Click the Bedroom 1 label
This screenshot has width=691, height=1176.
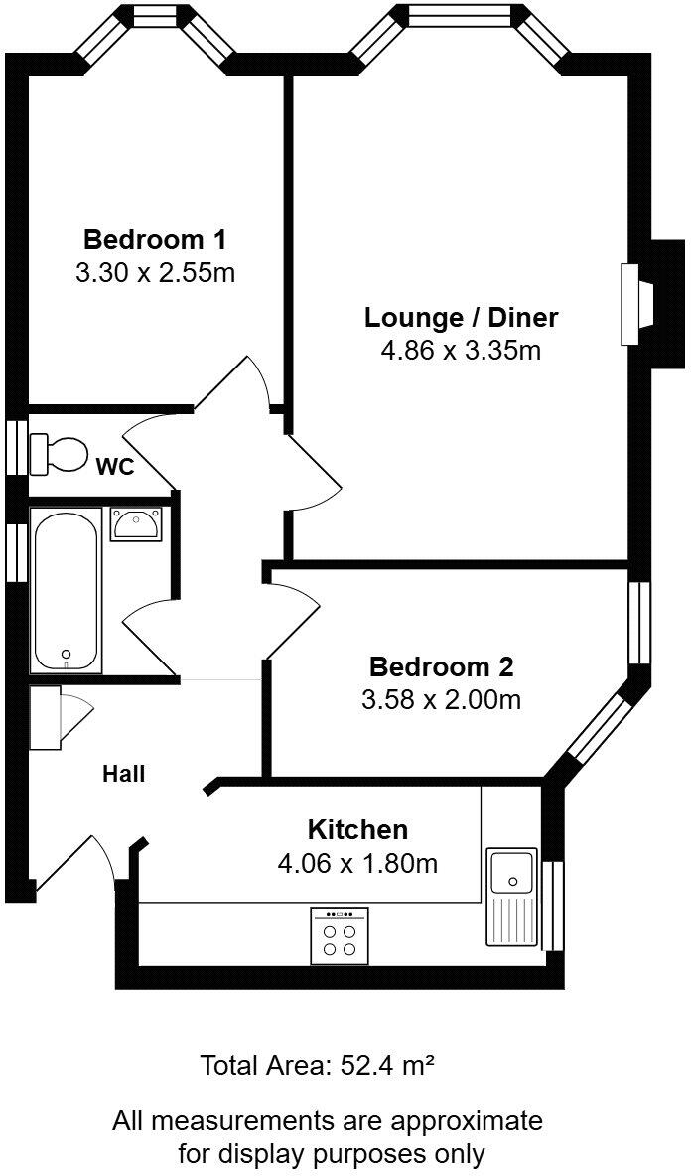(x=155, y=240)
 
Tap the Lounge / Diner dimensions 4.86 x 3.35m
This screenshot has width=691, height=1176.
(x=461, y=351)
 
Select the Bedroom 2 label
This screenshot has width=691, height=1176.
(x=441, y=666)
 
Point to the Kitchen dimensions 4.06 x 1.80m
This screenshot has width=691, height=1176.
(x=357, y=863)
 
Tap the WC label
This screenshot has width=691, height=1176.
(x=115, y=467)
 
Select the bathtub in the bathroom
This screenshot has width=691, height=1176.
(x=67, y=590)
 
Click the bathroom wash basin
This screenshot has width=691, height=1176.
(x=133, y=522)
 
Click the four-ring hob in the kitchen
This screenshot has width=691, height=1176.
(x=340, y=937)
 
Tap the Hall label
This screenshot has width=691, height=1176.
(x=124, y=774)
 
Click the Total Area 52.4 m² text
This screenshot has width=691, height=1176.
(x=318, y=1067)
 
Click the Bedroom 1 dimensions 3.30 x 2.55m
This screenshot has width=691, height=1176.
(x=155, y=272)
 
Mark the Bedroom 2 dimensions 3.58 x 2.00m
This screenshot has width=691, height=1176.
(x=441, y=699)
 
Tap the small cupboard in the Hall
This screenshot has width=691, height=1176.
(x=46, y=717)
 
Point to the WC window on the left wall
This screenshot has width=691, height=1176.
(x=16, y=450)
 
